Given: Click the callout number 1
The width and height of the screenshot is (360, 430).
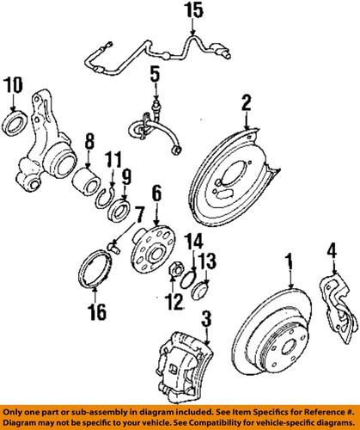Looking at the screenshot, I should click(x=290, y=258).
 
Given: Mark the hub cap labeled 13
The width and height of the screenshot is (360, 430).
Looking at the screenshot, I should click(x=198, y=286).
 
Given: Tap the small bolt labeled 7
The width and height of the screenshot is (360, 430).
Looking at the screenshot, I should click(x=111, y=249).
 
